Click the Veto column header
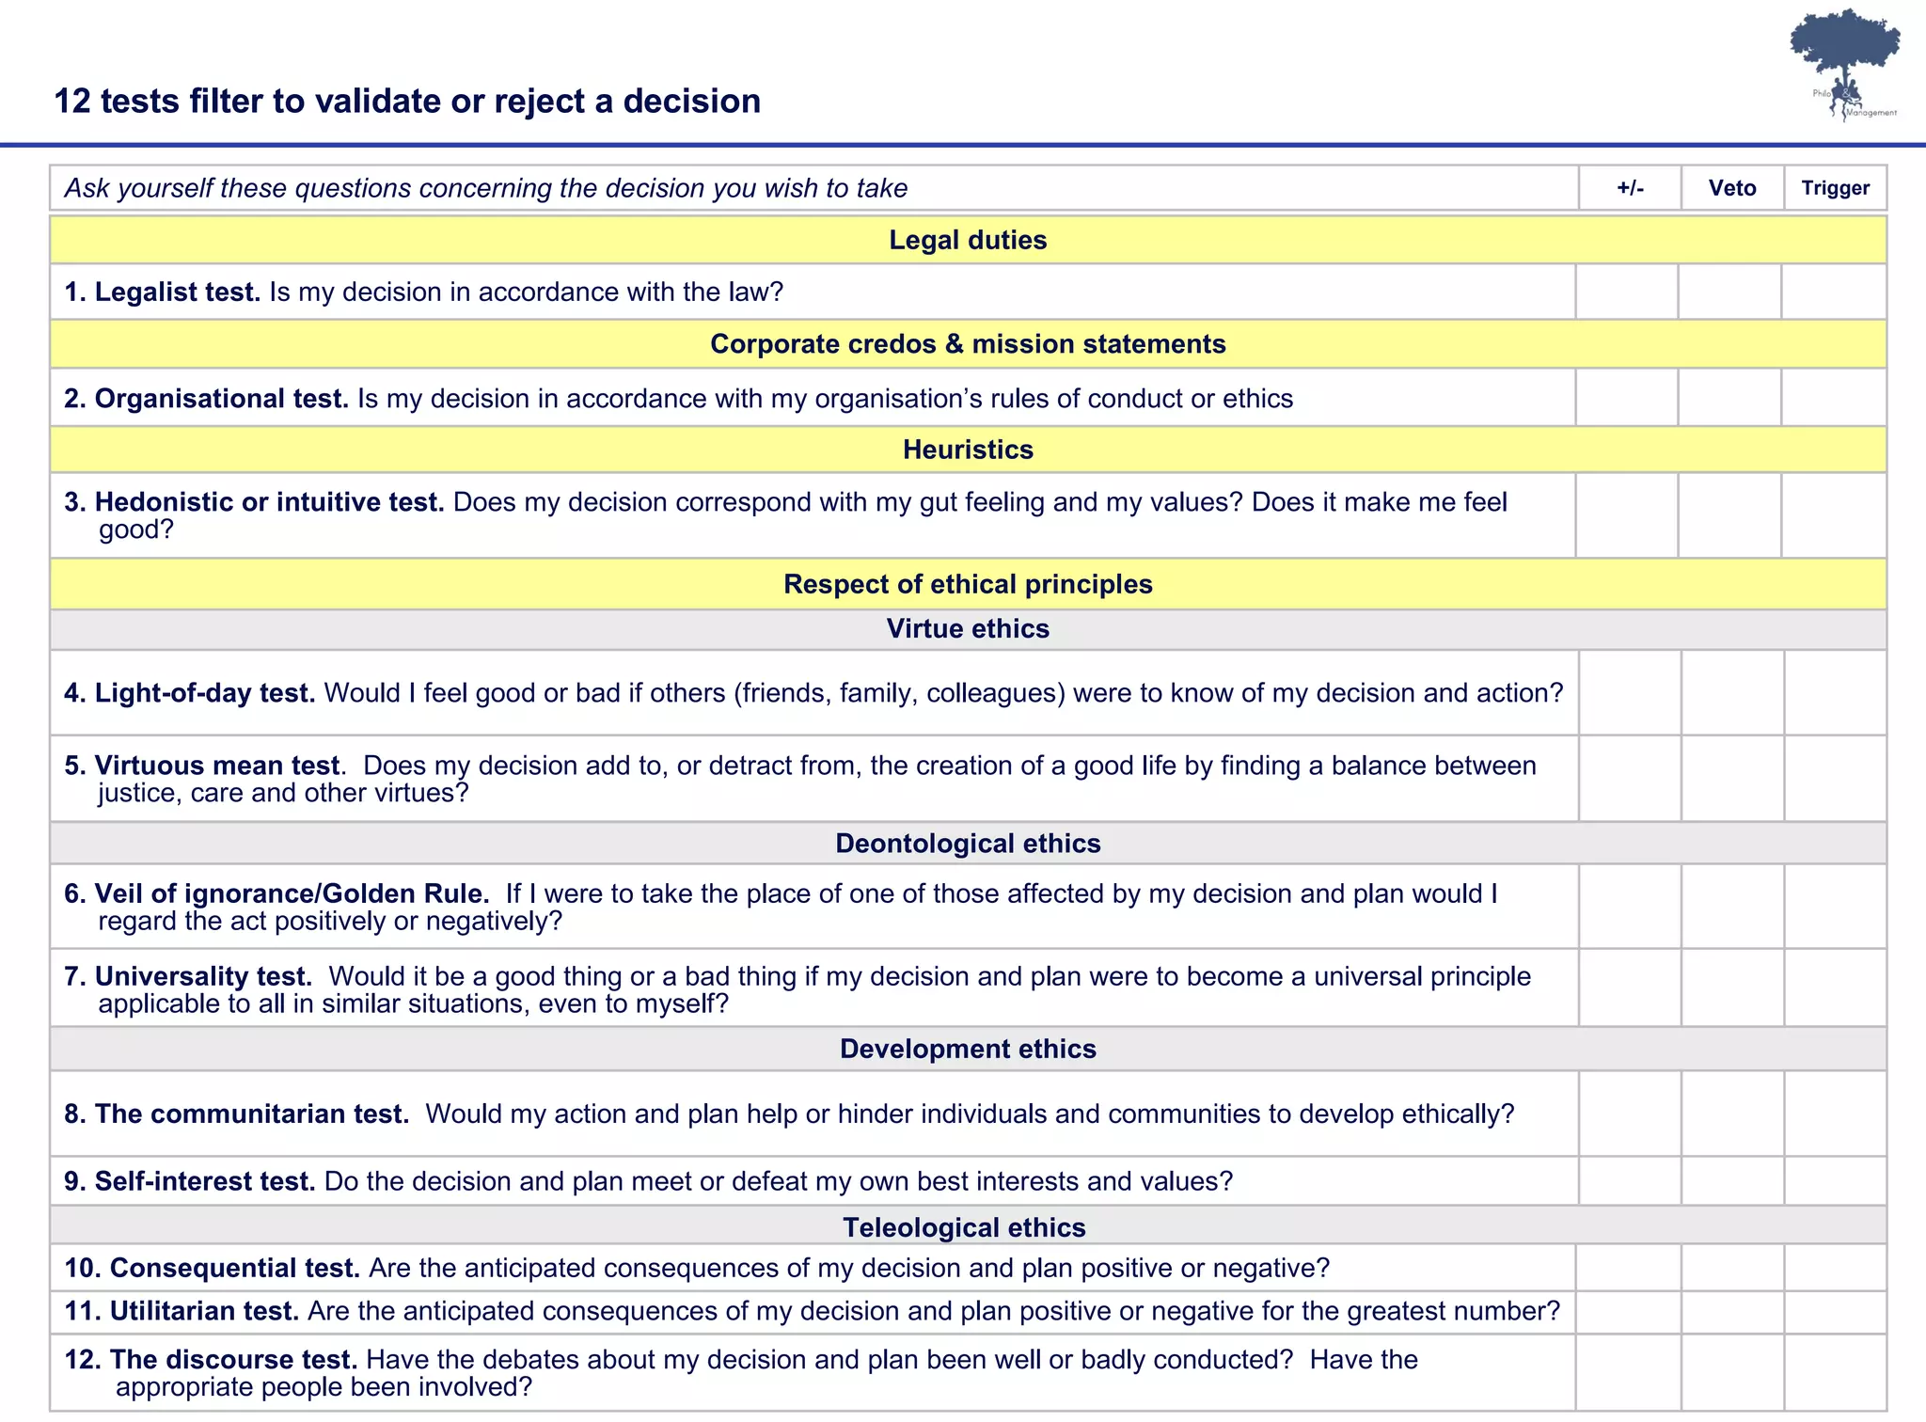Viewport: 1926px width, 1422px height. (x=1732, y=188)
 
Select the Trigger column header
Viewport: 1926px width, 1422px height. (x=1835, y=188)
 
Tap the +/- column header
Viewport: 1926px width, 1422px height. (x=1630, y=188)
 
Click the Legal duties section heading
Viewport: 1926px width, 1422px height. (x=968, y=240)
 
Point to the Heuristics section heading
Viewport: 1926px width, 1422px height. (x=968, y=450)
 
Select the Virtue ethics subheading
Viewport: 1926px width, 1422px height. (x=968, y=628)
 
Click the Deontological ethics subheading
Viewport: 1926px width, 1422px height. (x=968, y=843)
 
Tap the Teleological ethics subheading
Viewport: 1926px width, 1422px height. (x=964, y=1226)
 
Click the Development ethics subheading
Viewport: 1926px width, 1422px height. (x=968, y=1049)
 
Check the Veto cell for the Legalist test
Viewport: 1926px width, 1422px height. (x=1729, y=292)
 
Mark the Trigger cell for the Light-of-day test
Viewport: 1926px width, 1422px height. (x=1835, y=692)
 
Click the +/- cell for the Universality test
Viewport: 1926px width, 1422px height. (x=1630, y=987)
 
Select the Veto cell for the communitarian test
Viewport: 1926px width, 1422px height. (x=1732, y=1114)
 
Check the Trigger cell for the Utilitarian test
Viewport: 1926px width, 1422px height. (x=1835, y=1311)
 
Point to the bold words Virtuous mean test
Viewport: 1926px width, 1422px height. (x=217, y=766)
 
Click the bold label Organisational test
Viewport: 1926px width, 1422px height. (x=222, y=399)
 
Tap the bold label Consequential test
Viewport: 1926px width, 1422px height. (x=235, y=1268)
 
